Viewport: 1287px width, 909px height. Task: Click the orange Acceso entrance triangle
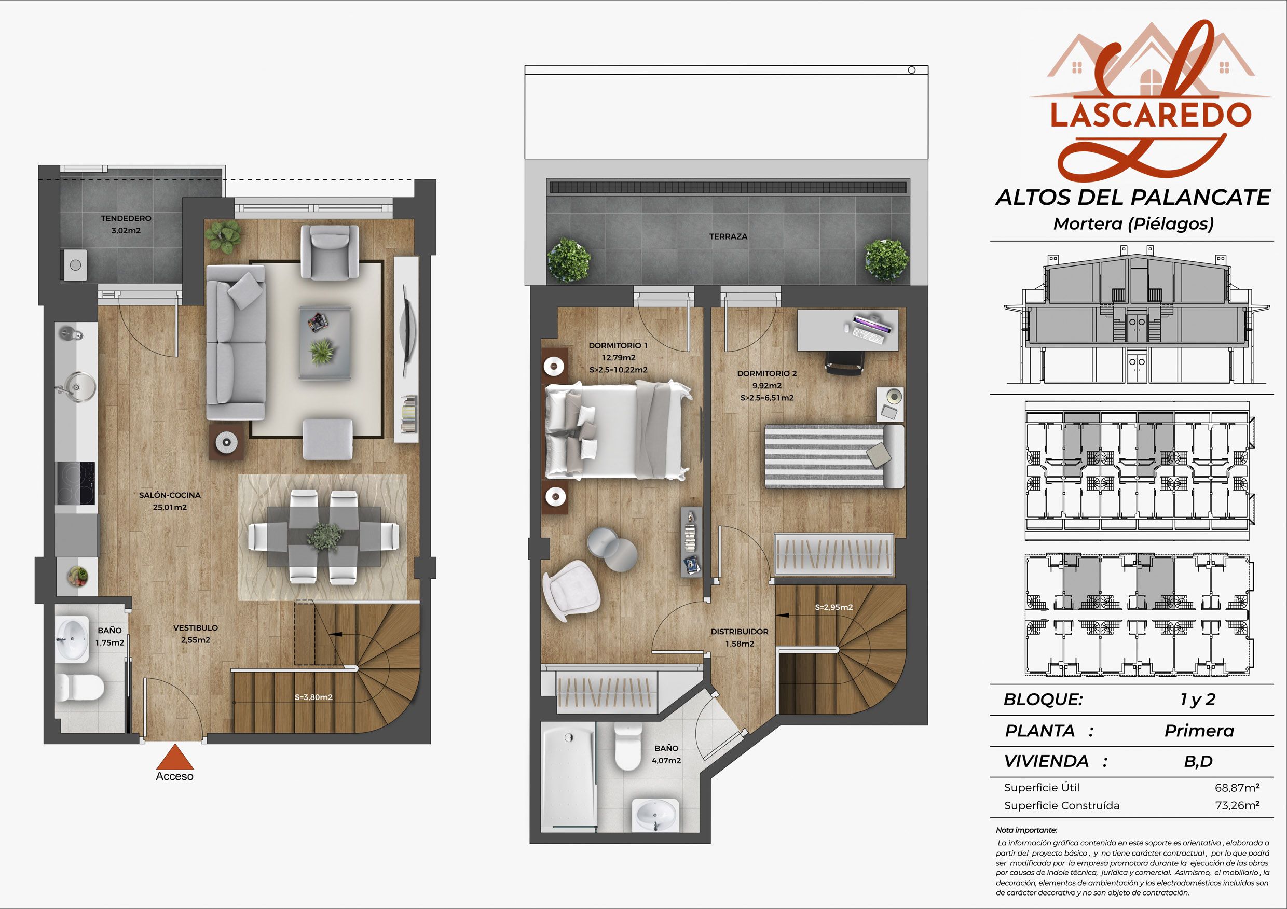(175, 757)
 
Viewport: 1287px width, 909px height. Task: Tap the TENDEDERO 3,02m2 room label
(126, 224)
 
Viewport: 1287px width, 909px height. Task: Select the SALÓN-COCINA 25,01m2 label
(169, 501)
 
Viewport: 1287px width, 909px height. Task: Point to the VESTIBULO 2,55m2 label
(196, 634)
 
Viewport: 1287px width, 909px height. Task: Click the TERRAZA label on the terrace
(728, 237)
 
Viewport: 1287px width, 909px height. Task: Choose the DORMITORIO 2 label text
(767, 373)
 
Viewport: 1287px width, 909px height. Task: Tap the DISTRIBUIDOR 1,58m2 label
(740, 637)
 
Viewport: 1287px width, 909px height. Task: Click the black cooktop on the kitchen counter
(76, 484)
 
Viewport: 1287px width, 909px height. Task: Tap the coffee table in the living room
(325, 342)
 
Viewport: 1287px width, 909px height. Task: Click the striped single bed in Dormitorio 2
(834, 456)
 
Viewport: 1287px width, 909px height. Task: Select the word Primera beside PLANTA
(1199, 731)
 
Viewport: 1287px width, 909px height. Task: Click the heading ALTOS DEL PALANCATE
(1133, 197)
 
